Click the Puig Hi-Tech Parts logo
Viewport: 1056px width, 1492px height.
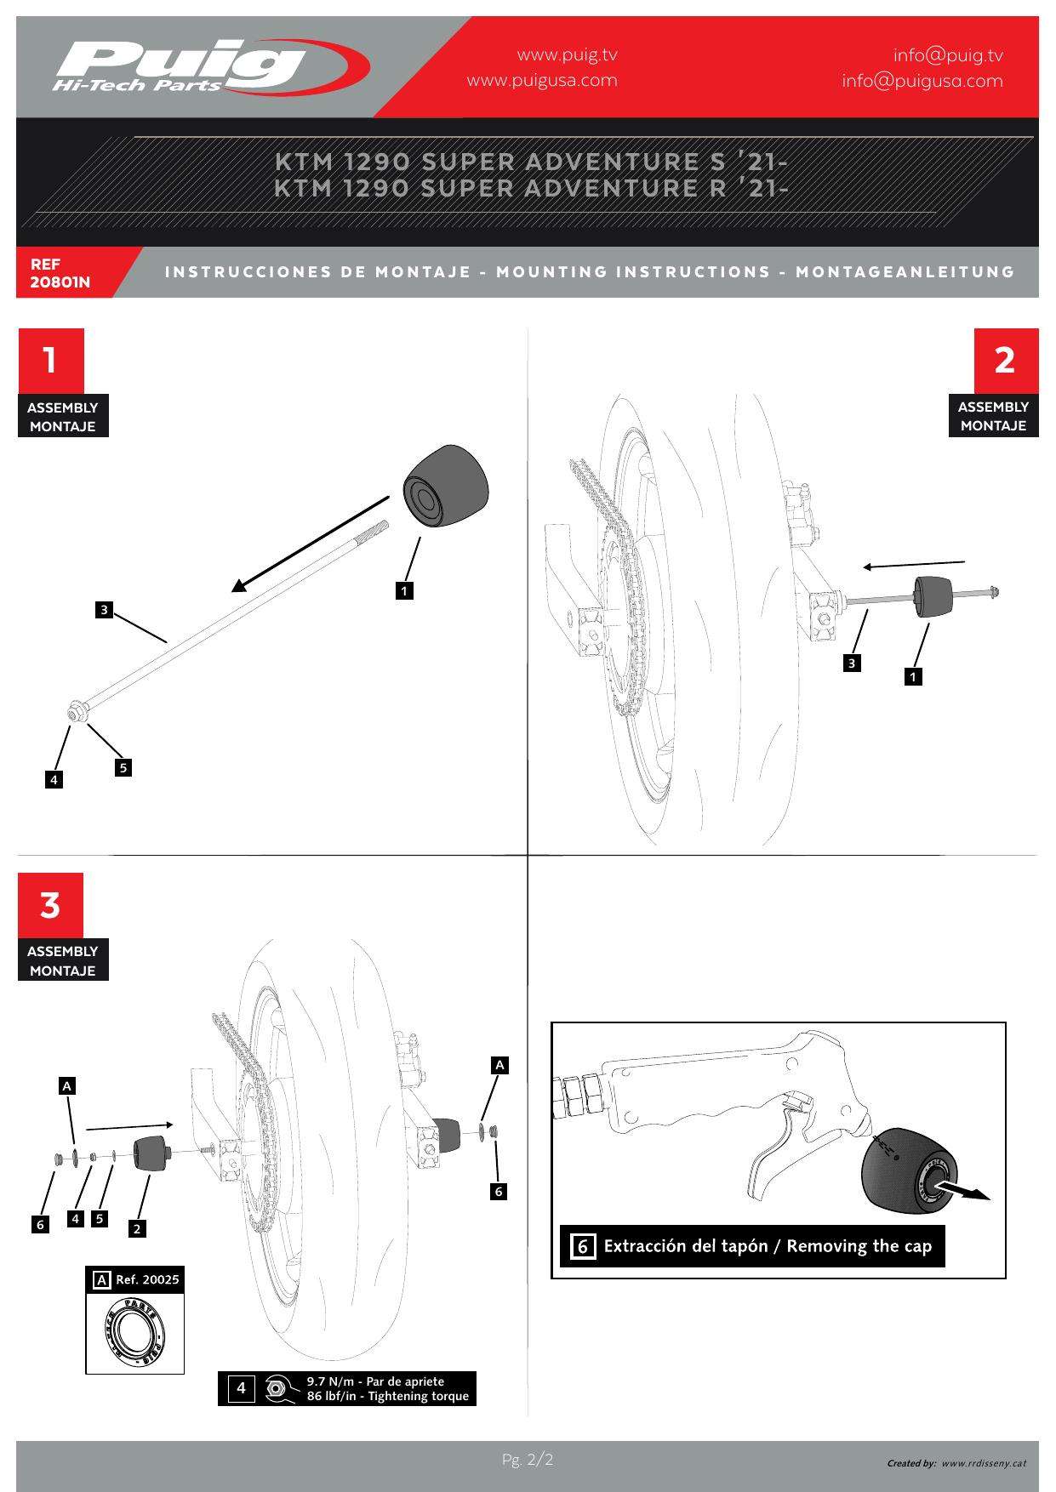coord(208,66)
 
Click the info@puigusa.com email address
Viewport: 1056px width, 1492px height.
coord(922,81)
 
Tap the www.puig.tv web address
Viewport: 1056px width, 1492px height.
coord(567,55)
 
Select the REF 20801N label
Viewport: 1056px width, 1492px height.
coord(60,273)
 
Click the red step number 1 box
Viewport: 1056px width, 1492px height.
coord(51,360)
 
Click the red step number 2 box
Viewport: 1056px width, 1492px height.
coord(1005,360)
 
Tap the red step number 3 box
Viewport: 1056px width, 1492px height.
coord(51,905)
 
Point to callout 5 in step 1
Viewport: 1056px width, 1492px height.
coord(123,767)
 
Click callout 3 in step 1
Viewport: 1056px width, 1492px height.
coord(104,609)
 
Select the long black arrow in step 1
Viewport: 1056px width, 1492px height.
coord(311,545)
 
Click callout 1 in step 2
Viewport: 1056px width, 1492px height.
coord(913,677)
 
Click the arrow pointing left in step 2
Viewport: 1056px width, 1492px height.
coord(914,565)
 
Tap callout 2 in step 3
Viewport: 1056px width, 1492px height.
coord(137,1228)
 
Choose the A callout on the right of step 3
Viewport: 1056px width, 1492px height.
coord(500,1065)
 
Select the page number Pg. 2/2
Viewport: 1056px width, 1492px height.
coord(528,1461)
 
